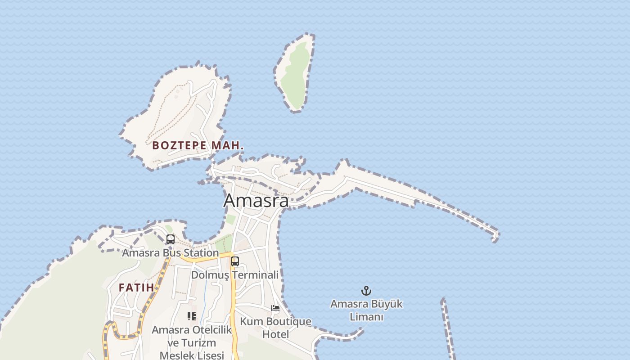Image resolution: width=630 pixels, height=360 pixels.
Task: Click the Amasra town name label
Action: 256,201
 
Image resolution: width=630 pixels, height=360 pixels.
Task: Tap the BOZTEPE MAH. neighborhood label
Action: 198,145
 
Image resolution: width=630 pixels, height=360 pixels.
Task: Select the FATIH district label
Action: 136,288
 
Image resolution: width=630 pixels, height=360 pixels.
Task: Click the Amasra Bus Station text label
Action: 170,253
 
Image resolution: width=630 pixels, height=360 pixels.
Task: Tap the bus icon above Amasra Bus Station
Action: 170,239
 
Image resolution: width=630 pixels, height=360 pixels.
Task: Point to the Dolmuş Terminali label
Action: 235,274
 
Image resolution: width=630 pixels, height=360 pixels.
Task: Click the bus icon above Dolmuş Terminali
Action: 235,261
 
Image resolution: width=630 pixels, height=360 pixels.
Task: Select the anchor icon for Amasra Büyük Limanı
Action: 366,291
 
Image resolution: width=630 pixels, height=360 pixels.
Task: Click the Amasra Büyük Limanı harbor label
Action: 366,310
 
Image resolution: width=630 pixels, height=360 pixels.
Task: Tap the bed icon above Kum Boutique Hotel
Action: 275,308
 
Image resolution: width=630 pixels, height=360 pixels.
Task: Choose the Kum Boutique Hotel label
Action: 275,328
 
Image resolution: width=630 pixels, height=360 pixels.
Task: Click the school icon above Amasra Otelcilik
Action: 192,316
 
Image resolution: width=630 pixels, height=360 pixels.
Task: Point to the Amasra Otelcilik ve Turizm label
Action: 192,336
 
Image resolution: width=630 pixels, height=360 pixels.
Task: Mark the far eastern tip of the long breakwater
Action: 496,236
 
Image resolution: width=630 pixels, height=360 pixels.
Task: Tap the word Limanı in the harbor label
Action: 366,317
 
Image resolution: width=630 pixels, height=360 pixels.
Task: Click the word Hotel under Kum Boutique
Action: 275,334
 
